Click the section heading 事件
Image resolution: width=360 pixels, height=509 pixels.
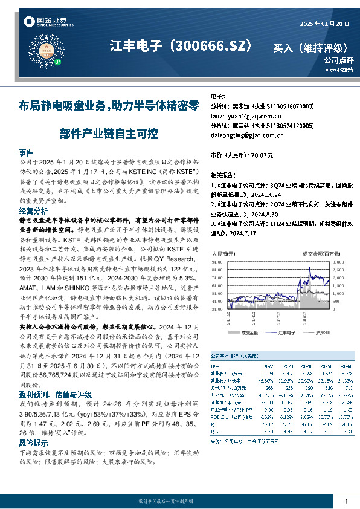[x=26, y=152]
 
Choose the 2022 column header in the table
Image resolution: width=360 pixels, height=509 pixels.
[x=268, y=366]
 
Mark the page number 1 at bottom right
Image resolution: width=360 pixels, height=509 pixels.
[x=346, y=501]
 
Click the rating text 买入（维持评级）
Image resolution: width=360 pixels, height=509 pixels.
[x=310, y=47]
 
